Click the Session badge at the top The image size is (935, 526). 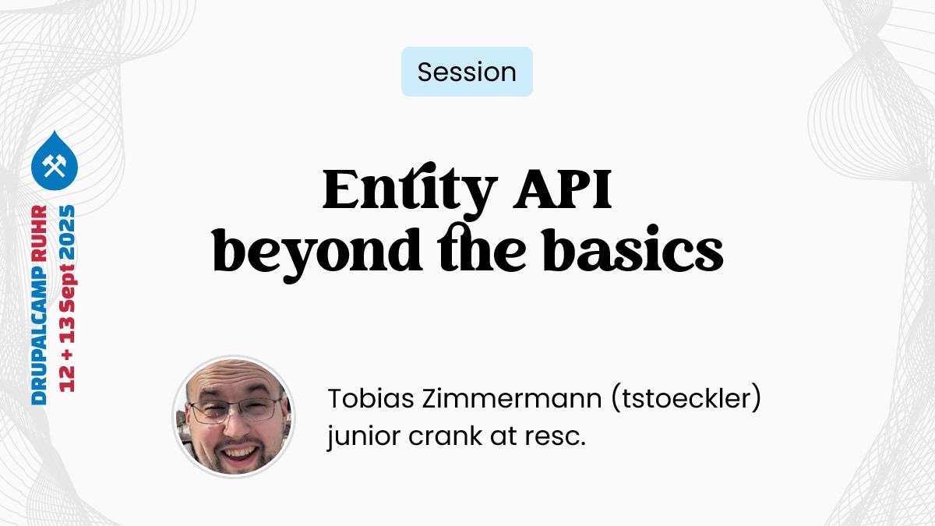pos(467,72)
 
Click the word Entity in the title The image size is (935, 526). pos(410,191)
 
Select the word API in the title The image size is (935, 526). pos(563,189)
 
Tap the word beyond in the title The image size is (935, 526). pos(318,253)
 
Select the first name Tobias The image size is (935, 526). pos(371,398)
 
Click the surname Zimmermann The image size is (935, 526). pos(512,398)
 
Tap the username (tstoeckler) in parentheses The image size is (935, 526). pos(686,399)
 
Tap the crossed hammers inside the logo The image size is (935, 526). pos(55,165)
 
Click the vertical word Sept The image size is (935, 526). pos(68,288)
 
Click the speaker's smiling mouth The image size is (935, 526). pos(238,454)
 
